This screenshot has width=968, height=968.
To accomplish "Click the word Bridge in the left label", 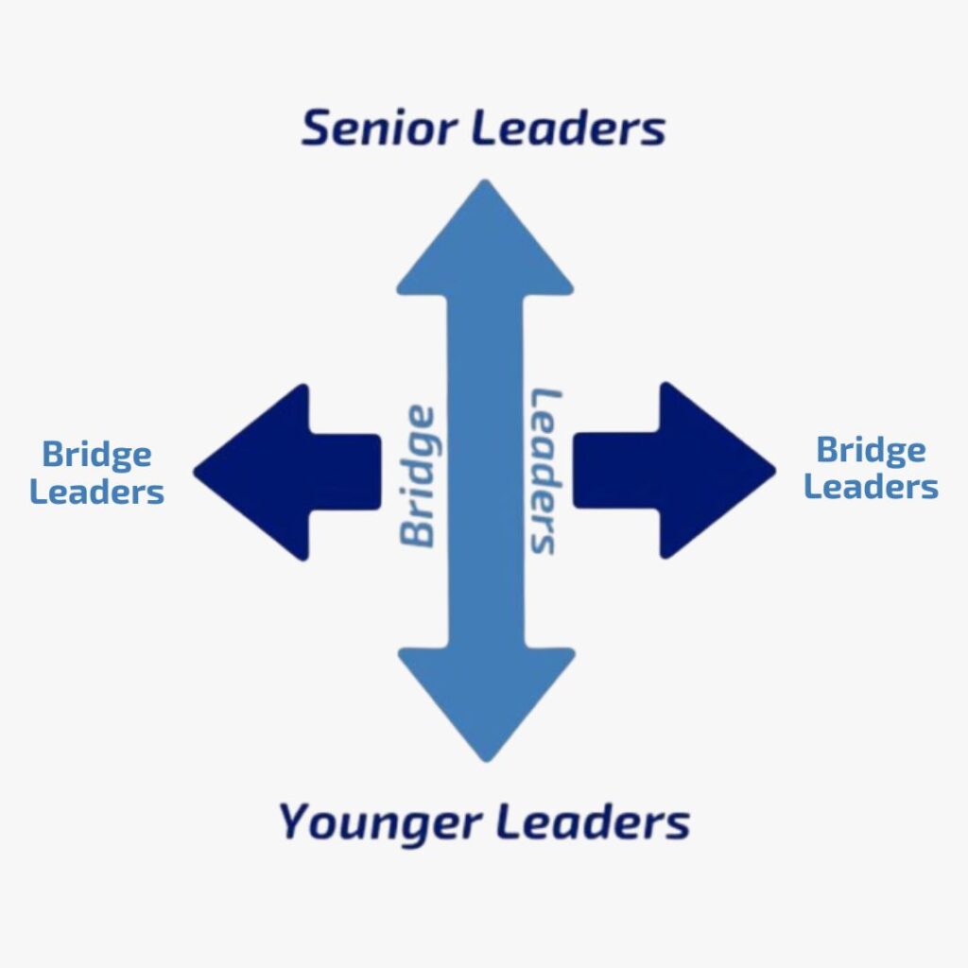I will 96,456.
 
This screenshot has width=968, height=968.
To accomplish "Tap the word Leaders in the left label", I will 96,492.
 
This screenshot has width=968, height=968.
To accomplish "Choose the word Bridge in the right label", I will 871,450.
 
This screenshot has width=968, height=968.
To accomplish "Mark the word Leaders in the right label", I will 871,487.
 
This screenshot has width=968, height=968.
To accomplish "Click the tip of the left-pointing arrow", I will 198,470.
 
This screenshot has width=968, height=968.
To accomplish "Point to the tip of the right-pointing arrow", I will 772,470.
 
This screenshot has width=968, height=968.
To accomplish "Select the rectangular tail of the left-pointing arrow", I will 344,471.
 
